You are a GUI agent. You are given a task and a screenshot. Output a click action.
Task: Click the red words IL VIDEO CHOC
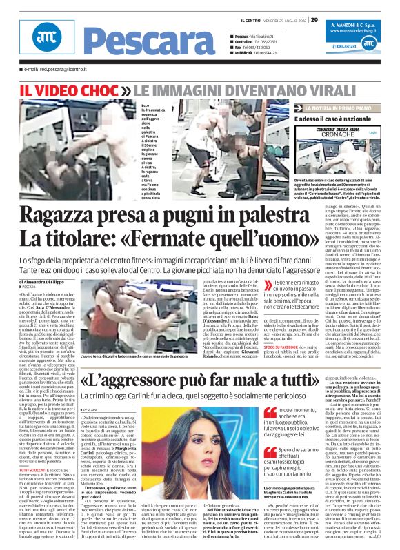click(72, 90)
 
